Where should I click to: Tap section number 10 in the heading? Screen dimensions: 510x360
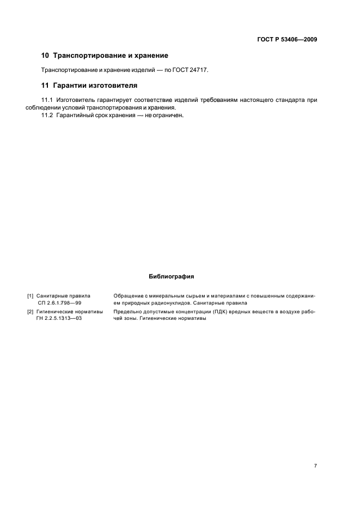click(x=45, y=56)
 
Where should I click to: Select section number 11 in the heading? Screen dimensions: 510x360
click(x=45, y=86)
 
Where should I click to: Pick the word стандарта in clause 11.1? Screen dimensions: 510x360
click(x=291, y=100)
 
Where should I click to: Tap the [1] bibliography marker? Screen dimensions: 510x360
click(x=30, y=296)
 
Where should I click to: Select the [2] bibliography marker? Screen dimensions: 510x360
click(x=30, y=312)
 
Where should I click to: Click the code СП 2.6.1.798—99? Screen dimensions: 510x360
click(x=59, y=303)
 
